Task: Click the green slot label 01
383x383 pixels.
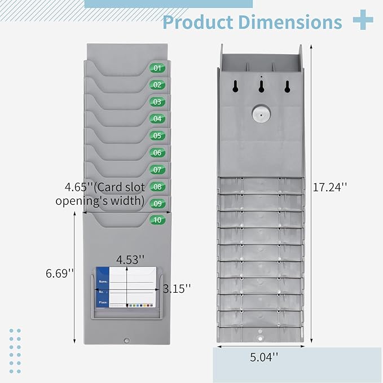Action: (157, 68)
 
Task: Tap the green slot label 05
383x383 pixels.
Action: (157, 135)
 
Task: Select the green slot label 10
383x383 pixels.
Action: (157, 220)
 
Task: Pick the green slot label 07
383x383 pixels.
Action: (157, 169)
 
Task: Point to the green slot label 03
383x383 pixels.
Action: (157, 102)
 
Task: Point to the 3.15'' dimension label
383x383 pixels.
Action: (177, 288)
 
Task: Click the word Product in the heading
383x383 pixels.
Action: (198, 22)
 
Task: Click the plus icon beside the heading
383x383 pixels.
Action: (363, 21)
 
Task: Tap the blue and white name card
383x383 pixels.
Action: (126, 287)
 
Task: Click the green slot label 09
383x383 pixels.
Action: (157, 203)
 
